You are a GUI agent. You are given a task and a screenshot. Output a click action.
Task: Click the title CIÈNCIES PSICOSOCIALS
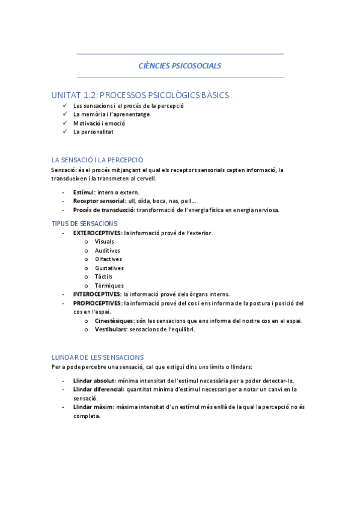click(x=180, y=66)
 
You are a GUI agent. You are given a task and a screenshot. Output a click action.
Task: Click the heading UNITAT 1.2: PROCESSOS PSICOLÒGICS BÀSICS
click(x=140, y=95)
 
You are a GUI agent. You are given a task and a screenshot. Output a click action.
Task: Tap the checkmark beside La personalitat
click(x=65, y=132)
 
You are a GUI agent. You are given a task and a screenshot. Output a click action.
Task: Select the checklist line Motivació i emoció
click(x=99, y=123)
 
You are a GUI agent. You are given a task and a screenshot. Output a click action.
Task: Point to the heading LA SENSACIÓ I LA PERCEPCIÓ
click(x=97, y=160)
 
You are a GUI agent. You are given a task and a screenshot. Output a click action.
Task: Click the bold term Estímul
click(x=84, y=192)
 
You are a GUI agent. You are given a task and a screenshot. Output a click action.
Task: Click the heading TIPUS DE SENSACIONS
click(x=85, y=223)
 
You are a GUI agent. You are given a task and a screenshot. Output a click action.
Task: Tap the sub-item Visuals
click(x=105, y=241)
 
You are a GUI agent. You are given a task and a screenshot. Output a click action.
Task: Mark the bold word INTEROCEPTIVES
click(x=97, y=294)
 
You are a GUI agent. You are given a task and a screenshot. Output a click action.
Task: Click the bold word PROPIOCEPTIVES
click(x=97, y=303)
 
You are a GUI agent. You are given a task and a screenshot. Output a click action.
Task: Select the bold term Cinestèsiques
click(x=114, y=321)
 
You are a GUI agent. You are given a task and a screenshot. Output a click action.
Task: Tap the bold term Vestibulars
click(x=111, y=330)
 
